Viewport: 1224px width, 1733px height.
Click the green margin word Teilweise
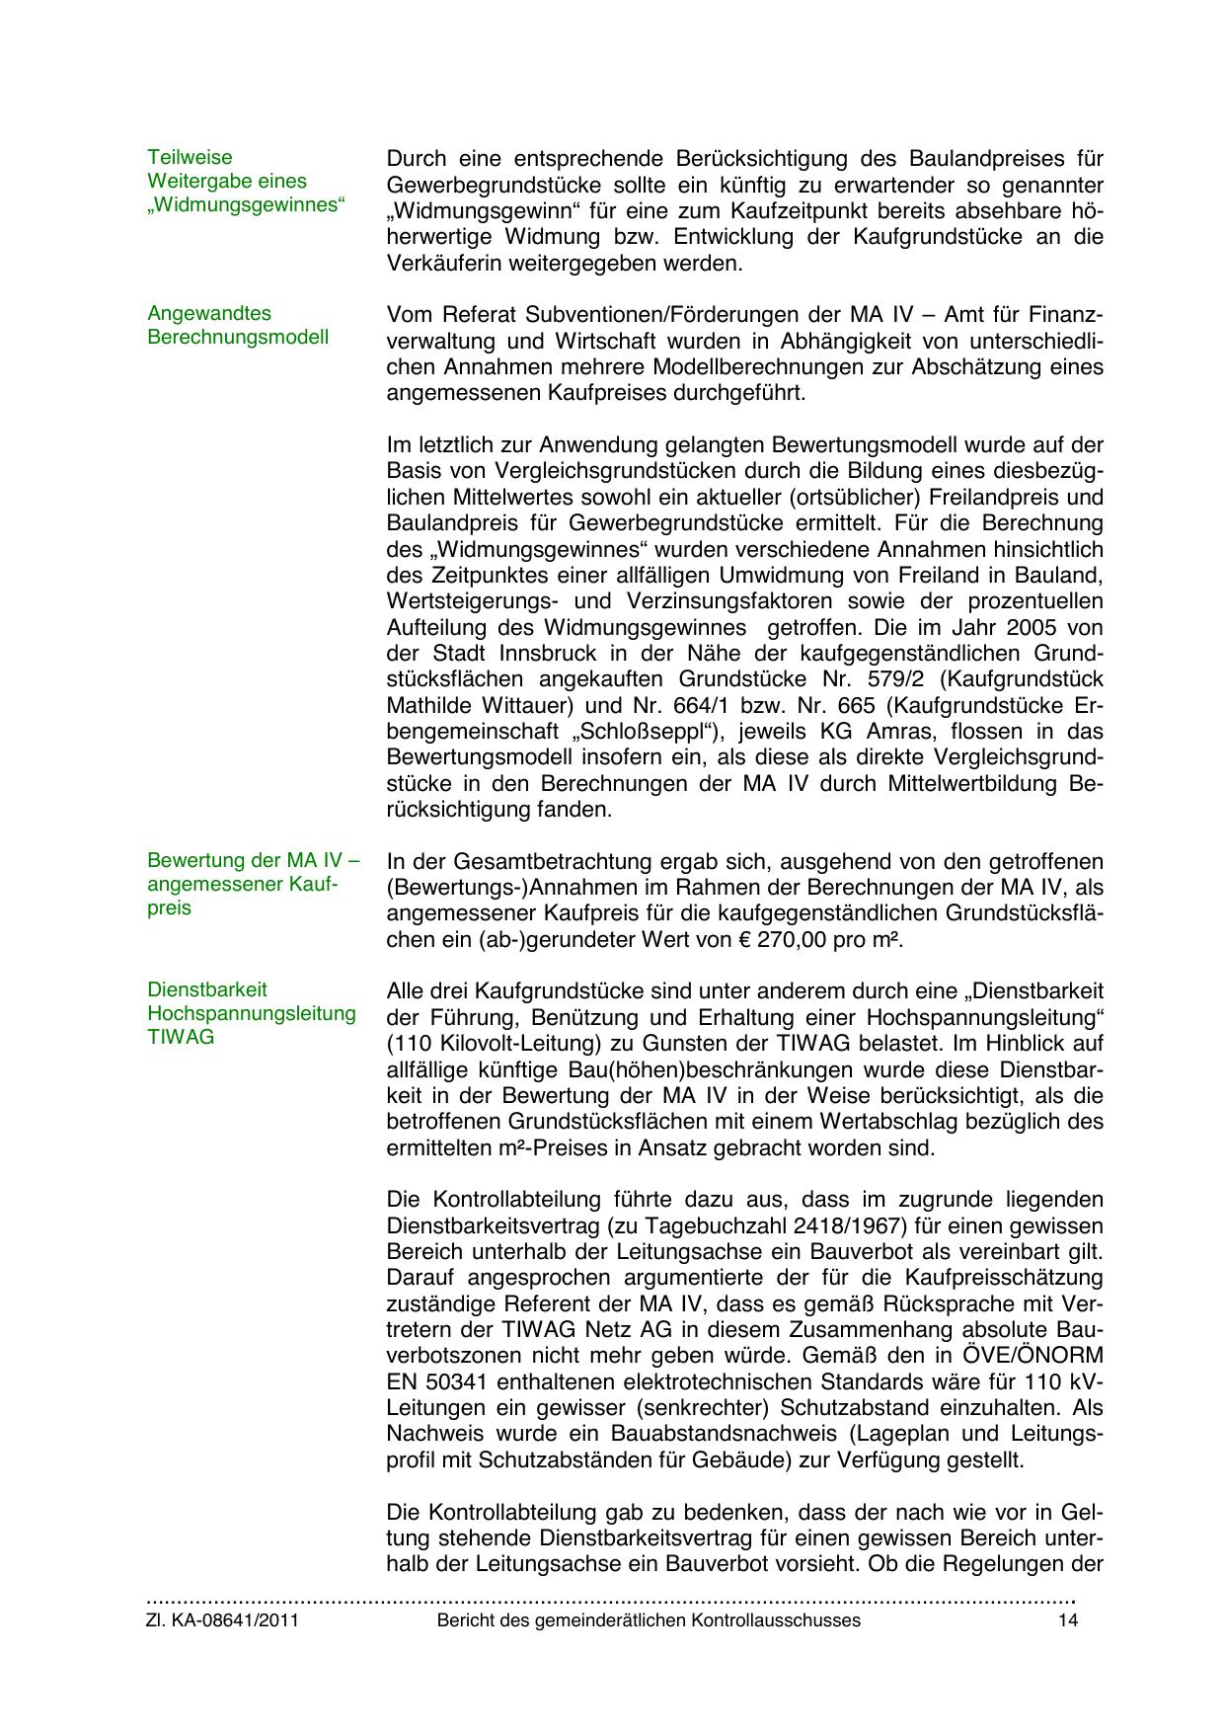pyautogui.click(x=190, y=158)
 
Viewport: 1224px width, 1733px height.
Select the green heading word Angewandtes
pyautogui.click(x=208, y=314)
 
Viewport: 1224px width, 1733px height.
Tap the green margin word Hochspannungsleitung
pyautogui.click(x=251, y=1014)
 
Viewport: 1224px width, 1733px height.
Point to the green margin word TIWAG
pyautogui.click(x=180, y=1039)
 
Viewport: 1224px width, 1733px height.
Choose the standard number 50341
pyautogui.click(x=471, y=1381)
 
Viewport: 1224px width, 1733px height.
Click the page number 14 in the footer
pyautogui.click(x=1067, y=1620)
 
